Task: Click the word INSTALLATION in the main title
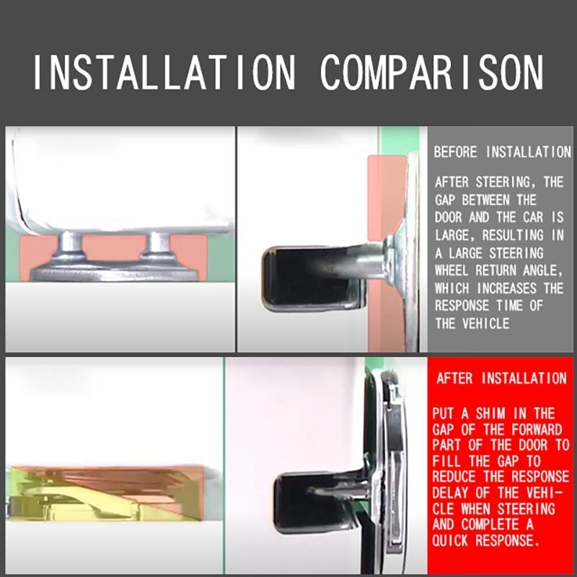coord(164,72)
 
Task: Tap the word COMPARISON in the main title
coord(432,72)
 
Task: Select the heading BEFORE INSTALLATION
coord(502,152)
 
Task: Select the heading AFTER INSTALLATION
coord(501,378)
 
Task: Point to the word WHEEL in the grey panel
coord(452,270)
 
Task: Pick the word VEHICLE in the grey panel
coord(485,323)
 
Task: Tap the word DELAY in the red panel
coord(449,493)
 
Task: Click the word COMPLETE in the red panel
coord(490,524)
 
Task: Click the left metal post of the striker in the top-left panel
coord(71,246)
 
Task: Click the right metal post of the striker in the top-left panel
coord(159,245)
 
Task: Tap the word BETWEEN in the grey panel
coord(485,201)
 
